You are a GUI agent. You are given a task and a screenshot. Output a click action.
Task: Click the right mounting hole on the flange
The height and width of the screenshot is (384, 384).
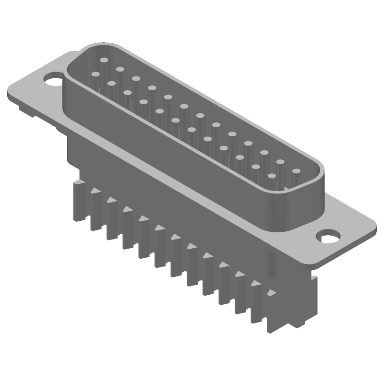[x=330, y=237]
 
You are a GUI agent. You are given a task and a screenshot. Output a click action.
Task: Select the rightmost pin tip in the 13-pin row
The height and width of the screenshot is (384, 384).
[x=296, y=171]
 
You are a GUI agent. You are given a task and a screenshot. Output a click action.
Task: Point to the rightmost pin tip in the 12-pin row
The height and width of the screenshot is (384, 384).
[x=272, y=176]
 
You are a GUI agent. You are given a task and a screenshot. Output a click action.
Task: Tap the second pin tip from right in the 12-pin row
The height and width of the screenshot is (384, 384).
[x=256, y=167]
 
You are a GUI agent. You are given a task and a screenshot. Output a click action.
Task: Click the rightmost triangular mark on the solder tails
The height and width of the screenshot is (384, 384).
[x=272, y=292]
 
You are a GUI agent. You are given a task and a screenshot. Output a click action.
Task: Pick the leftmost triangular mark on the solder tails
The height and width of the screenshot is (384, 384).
[x=95, y=191]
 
